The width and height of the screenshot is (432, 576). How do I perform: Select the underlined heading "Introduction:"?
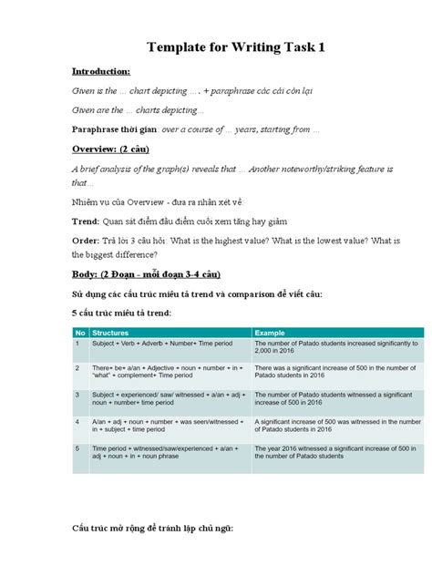[x=102, y=71]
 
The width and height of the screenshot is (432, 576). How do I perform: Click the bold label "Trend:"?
[x=87, y=221]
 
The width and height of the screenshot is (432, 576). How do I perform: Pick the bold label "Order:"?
[x=87, y=240]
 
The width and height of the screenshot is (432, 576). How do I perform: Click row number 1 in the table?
[x=77, y=344]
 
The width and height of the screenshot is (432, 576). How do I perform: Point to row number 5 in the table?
[x=77, y=449]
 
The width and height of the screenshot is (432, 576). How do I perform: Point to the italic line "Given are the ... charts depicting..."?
[x=138, y=110]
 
